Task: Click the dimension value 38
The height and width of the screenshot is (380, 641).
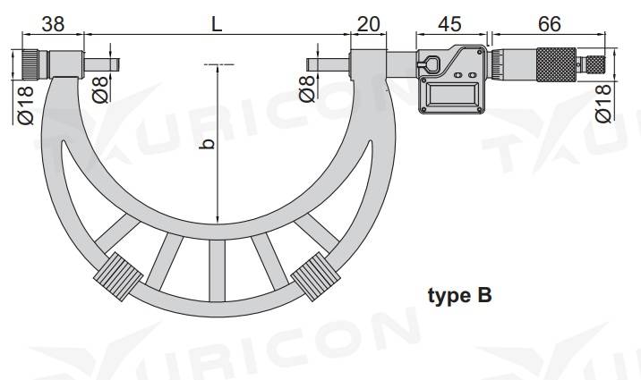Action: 53,24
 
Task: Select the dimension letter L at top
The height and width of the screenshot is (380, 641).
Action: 216,24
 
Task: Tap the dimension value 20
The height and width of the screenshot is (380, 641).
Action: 369,24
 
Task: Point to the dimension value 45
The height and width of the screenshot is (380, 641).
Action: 451,24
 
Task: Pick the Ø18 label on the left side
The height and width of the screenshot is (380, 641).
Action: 25,104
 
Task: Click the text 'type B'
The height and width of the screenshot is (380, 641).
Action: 459,294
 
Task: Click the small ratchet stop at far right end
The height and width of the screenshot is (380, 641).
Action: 594,63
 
